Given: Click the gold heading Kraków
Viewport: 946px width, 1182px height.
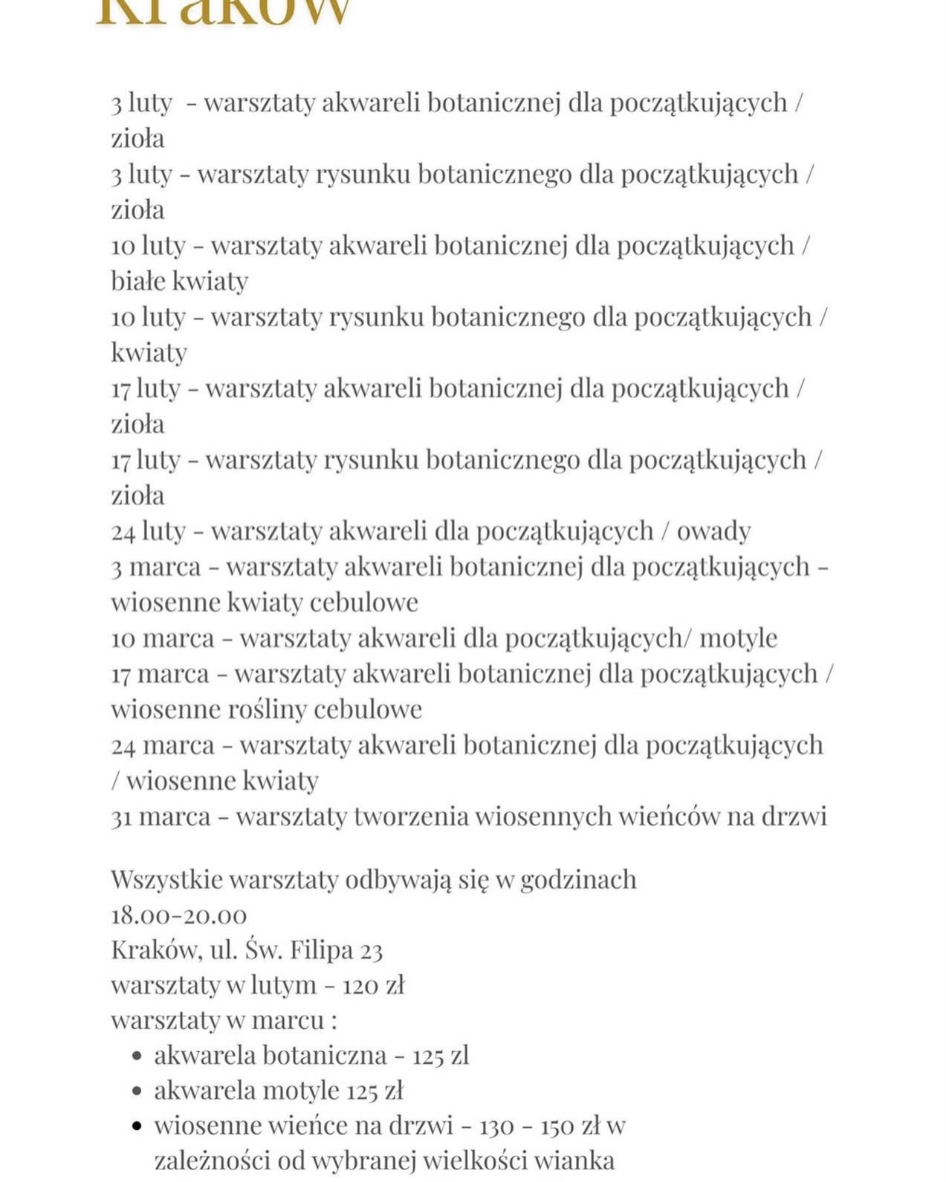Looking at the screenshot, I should [x=223, y=12].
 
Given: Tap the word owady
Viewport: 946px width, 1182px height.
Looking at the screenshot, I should [x=713, y=531].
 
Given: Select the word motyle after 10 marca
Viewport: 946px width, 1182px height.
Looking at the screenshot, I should [x=738, y=638].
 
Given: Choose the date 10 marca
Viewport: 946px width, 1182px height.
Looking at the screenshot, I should [x=163, y=638].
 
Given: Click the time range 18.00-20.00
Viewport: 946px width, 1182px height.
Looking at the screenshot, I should [x=178, y=915].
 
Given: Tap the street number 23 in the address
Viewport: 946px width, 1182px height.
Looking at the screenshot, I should [x=371, y=950].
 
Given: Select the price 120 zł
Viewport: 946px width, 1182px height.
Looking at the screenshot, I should [x=373, y=986].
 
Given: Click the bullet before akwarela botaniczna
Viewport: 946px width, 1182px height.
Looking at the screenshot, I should [x=136, y=1056].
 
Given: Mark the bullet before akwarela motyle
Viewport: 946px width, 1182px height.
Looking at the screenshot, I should [x=136, y=1091].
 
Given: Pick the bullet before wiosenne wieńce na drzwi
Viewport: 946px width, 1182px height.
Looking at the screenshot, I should [x=136, y=1126].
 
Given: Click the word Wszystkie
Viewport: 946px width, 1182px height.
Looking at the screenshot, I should [x=167, y=880].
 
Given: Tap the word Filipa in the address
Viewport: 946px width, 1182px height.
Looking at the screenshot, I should [x=321, y=950].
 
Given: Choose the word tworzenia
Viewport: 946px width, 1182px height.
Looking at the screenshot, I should [x=410, y=816].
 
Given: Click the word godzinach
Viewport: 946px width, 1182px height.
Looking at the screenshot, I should [x=578, y=880].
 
